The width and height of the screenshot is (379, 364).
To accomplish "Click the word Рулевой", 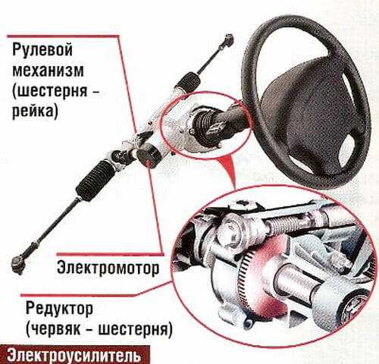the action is (x=42, y=50).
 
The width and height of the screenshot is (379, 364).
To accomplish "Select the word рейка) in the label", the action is (x=36, y=111).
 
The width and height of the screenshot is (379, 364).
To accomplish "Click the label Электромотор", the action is (x=108, y=268).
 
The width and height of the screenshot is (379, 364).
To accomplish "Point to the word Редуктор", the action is (x=59, y=309).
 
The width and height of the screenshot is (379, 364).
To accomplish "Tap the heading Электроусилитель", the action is (x=74, y=356).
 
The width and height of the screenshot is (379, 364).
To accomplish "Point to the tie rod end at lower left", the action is (x=19, y=264).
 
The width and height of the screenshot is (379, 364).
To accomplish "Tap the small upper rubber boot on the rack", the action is (x=187, y=81).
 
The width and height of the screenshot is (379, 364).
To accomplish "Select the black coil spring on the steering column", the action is (x=202, y=121).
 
